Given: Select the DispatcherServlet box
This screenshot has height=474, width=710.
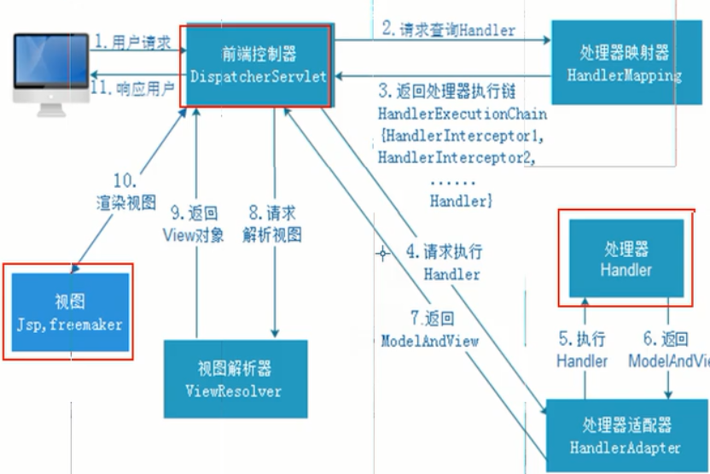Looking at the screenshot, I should coord(255,65).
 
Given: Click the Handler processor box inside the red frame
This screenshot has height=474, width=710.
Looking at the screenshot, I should coord(626,259).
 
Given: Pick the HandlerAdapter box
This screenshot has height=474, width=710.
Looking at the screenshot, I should coord(626,436).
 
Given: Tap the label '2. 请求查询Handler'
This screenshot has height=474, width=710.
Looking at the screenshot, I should coord(448,29).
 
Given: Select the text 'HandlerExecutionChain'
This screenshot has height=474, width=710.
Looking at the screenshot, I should coord(462,114).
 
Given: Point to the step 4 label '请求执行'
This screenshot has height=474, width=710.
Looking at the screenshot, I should coord(444,253).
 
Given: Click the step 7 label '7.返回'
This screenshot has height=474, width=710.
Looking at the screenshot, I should coord(431,319).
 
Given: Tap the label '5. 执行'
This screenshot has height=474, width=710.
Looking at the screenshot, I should coord(581,338).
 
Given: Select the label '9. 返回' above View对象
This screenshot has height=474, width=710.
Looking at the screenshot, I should coord(192,214).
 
